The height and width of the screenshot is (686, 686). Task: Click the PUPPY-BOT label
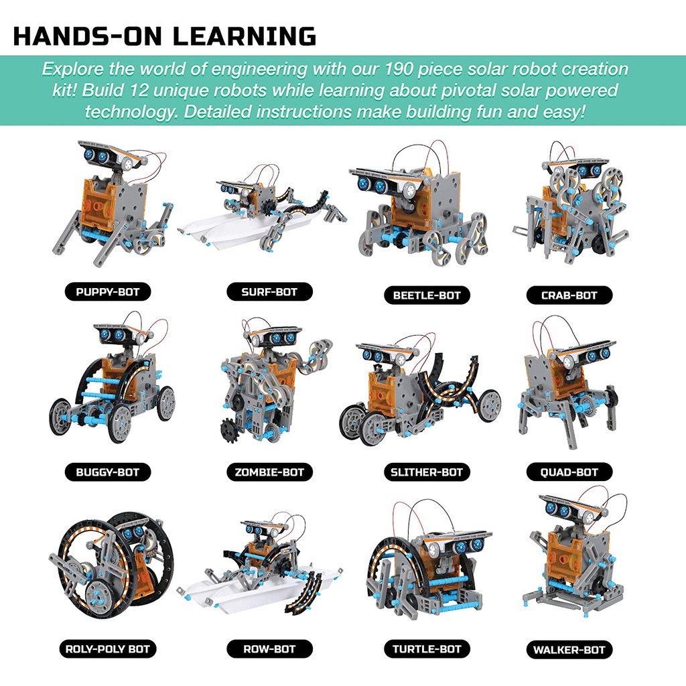(107, 291)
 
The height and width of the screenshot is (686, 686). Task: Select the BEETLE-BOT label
(427, 294)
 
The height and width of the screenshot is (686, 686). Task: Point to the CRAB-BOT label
(569, 294)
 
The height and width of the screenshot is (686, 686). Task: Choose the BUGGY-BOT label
(107, 472)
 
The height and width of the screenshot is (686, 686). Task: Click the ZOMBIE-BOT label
(269, 472)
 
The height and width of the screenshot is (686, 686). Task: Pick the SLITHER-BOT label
(427, 472)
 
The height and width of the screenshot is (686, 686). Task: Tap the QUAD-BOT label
(569, 472)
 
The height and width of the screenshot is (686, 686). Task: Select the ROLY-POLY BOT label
(107, 648)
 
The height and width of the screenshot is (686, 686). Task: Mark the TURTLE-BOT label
(427, 648)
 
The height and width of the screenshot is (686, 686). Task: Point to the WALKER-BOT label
(569, 649)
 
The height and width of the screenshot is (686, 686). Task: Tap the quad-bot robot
(569, 389)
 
